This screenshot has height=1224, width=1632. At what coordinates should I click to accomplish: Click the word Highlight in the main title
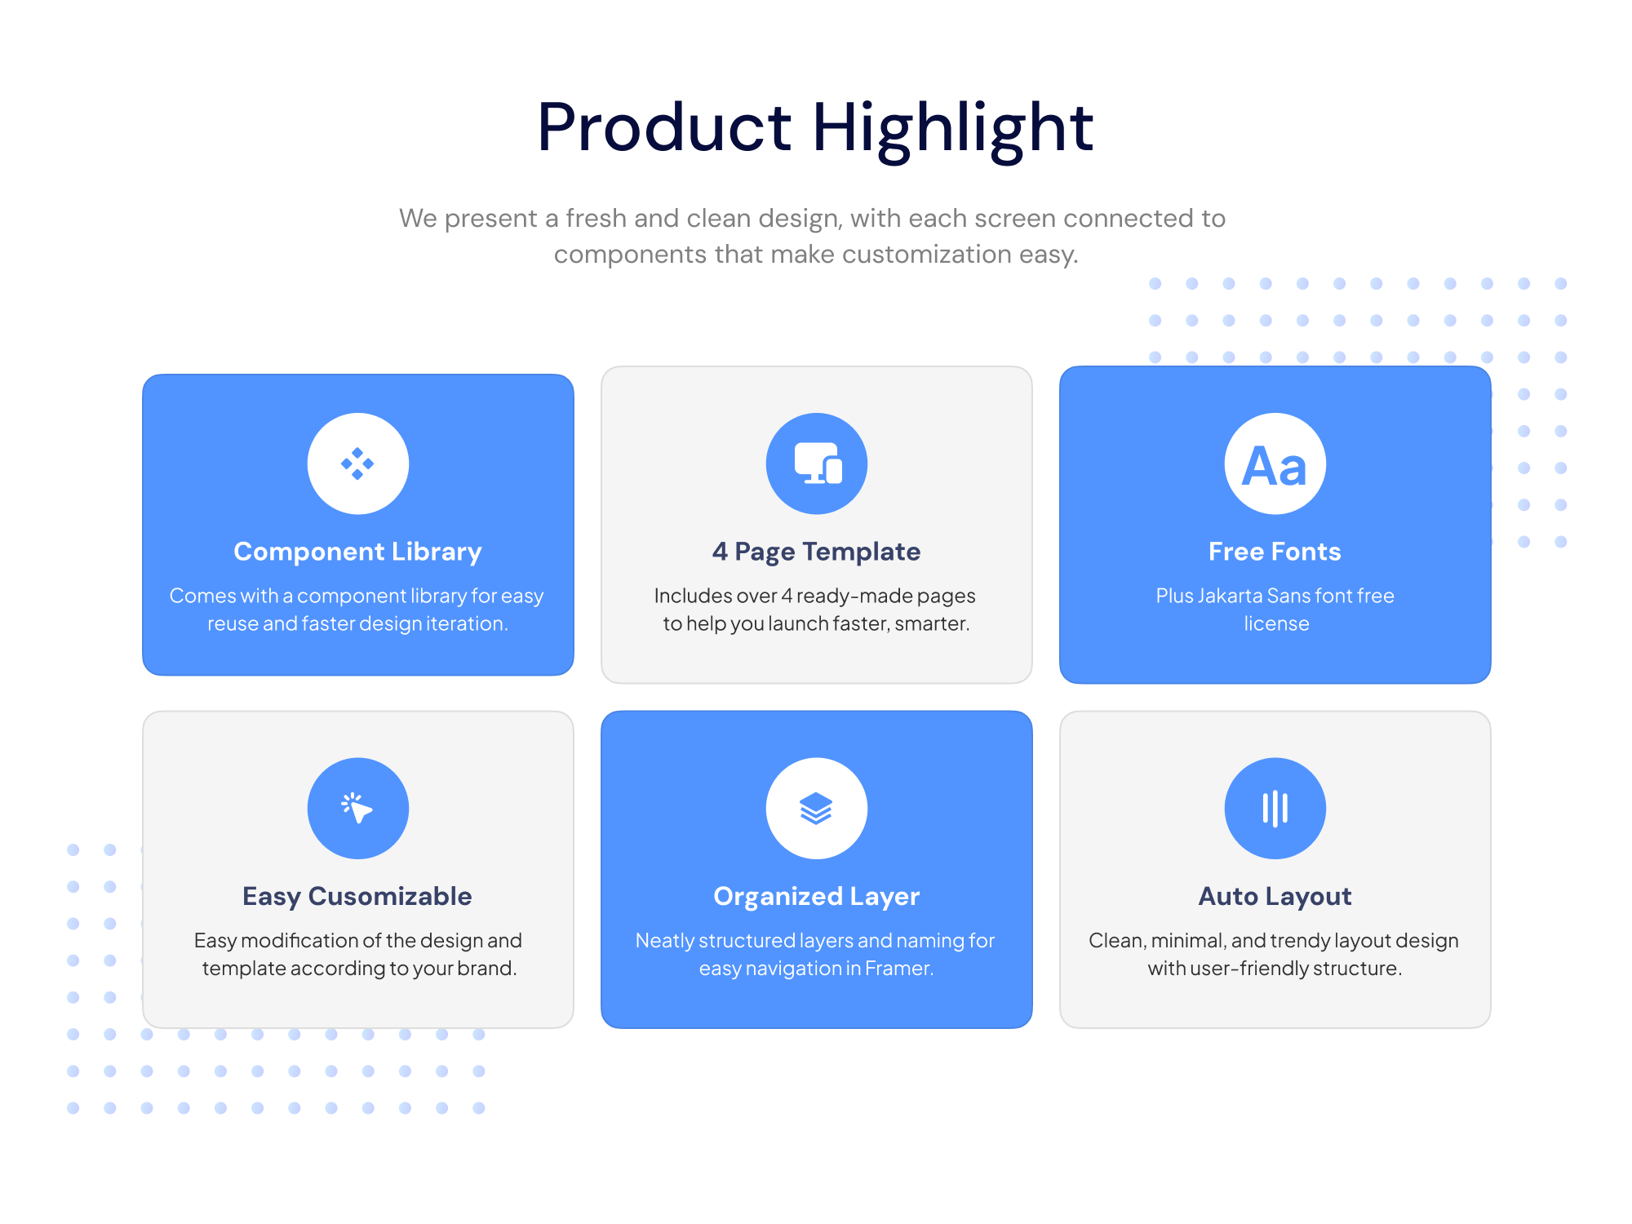click(952, 129)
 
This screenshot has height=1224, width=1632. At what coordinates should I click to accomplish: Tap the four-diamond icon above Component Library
click(357, 463)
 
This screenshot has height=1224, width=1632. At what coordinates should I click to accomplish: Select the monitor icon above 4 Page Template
click(818, 463)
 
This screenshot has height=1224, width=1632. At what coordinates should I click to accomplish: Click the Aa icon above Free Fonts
click(1275, 466)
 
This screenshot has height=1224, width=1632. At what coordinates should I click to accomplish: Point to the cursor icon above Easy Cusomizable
click(357, 808)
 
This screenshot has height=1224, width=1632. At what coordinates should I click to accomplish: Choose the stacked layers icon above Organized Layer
click(816, 809)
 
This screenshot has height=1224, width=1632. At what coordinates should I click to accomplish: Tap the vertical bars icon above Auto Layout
click(1275, 809)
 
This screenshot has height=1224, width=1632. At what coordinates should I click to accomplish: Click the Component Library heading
click(357, 552)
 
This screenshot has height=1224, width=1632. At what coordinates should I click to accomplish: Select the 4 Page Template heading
click(816, 552)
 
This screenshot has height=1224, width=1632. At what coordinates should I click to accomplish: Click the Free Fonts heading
click(1275, 552)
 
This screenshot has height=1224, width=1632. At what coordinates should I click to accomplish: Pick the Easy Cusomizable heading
click(357, 897)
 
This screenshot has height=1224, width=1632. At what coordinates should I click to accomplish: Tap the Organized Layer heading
click(816, 897)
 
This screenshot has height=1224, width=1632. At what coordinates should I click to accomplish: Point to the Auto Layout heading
click(1275, 897)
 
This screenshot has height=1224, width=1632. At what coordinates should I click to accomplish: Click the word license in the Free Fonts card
click(1276, 623)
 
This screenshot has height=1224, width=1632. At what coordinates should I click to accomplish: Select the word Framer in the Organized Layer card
click(899, 969)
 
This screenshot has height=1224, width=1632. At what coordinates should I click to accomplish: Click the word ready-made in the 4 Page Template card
click(854, 596)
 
